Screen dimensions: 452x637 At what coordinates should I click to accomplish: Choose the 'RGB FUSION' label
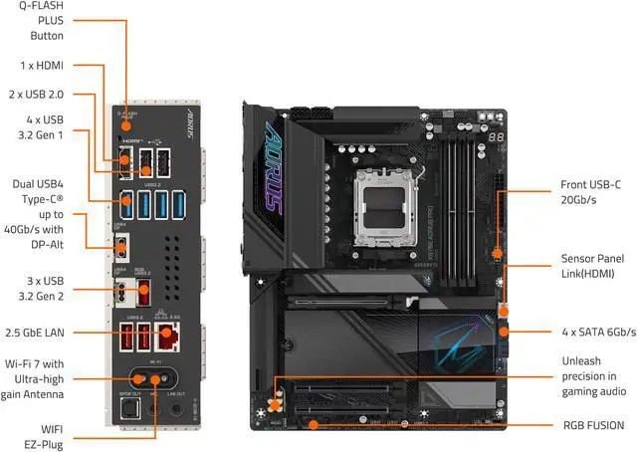point(593,425)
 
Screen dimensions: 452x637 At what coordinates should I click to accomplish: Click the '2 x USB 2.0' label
point(37,95)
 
